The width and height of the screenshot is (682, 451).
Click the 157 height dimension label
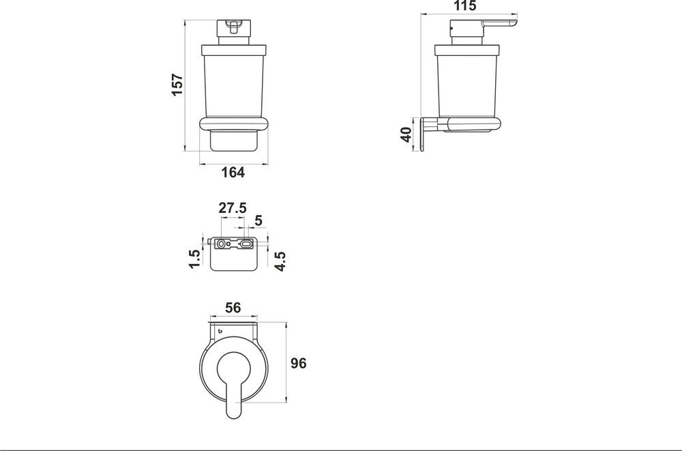click(x=177, y=85)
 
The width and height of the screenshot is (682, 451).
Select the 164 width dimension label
click(x=233, y=173)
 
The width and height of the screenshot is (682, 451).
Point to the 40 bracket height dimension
click(x=407, y=134)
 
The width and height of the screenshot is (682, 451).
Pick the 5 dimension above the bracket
click(x=258, y=220)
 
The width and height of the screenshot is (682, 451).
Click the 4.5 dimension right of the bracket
click(x=280, y=260)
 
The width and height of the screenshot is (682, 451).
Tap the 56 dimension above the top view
click(x=233, y=308)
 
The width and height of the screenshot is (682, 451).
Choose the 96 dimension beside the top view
click(x=298, y=363)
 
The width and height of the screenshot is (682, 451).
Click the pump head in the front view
click(x=233, y=29)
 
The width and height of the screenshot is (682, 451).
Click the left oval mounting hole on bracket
click(x=222, y=244)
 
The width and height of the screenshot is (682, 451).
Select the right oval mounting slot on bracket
click(x=246, y=243)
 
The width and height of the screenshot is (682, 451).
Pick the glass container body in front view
click(x=233, y=82)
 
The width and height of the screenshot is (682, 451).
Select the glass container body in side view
click(x=467, y=82)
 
